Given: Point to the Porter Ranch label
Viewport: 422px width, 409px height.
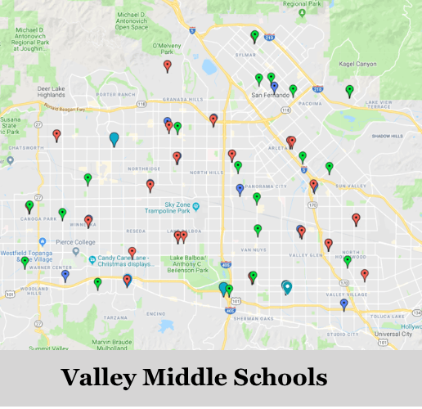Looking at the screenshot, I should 115,94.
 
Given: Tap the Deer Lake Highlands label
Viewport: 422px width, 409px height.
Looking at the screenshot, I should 51,92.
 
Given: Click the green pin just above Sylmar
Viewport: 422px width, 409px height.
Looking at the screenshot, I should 254,36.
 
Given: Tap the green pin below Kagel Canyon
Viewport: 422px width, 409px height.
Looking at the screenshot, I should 349,90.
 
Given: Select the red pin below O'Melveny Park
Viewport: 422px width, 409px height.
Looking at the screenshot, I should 168,65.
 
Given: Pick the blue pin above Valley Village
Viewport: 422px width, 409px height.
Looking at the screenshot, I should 343,303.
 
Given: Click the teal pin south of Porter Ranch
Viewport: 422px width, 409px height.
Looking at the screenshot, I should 114,138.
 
